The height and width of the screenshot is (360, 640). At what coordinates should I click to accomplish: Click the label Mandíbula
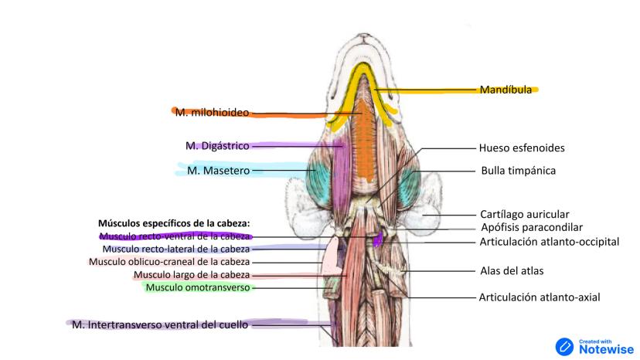tap(506, 90)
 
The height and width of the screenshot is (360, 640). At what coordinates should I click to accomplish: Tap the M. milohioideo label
tap(212, 113)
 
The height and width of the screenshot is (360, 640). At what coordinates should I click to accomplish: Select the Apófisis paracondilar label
tap(530, 227)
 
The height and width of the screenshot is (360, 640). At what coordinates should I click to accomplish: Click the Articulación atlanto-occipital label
tap(549, 242)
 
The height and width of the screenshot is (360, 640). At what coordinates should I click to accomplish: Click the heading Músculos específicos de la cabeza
tap(174, 222)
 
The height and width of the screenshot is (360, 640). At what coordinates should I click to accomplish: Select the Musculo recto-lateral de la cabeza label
tap(176, 249)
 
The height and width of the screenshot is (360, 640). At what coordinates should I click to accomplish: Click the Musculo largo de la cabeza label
tap(192, 275)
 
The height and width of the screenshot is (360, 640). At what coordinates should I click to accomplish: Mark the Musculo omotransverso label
tap(198, 288)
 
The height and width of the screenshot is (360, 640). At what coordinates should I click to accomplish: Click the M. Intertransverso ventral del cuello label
tap(160, 325)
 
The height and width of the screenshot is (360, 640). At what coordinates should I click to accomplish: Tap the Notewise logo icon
tap(565, 346)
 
